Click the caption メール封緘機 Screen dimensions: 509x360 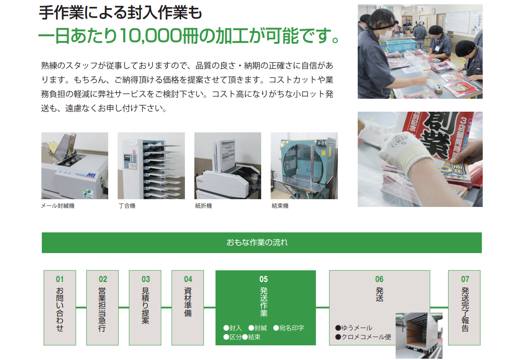click(58, 206)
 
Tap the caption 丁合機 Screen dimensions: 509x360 click(127, 206)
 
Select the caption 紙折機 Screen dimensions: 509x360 click(203, 206)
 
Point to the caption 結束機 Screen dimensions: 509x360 click(280, 206)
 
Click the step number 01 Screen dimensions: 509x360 click(60, 279)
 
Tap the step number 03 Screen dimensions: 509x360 click(145, 279)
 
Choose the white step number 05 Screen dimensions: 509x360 click(264, 279)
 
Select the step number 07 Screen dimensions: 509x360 click(465, 279)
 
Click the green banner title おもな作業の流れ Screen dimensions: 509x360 click(257, 242)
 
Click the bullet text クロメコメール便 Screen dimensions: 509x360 click(366, 337)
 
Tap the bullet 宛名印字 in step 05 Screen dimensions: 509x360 click(291, 328)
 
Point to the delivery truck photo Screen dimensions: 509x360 click(419, 335)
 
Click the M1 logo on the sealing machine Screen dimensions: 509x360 click(91, 175)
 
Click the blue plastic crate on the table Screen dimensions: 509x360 click(400, 45)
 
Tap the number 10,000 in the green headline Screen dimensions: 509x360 click(150, 36)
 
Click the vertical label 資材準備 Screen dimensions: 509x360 click(188, 302)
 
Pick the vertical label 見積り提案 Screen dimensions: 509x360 click(145, 306)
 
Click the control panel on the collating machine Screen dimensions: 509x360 click(130, 161)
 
